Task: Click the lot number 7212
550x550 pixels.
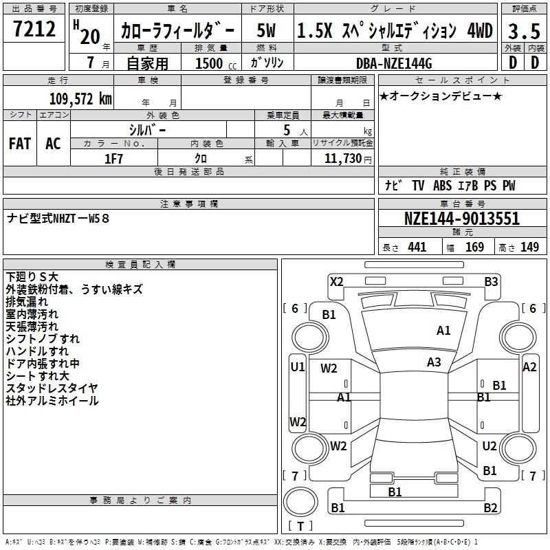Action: coord(34,29)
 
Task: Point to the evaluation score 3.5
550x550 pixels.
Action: coord(524,31)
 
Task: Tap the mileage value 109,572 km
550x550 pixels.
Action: coord(80,99)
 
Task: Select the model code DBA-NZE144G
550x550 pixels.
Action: coord(394,63)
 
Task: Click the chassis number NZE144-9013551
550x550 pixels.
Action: coord(462,219)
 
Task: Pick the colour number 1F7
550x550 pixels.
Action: coord(113,159)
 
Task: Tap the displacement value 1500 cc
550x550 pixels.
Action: coord(216,63)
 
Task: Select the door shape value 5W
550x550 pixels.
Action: coord(266,30)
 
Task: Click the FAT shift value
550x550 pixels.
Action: coord(20,144)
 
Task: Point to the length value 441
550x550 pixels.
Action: coord(417,247)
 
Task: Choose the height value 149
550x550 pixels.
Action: coord(529,247)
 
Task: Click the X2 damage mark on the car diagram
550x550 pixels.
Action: coord(337,282)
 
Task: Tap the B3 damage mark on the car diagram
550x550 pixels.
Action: coord(491,282)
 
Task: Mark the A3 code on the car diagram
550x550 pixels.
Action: coord(434,362)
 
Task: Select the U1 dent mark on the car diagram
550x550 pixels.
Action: coord(298,367)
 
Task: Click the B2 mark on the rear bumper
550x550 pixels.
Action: coord(490,507)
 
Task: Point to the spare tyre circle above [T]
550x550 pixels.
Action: coord(300,502)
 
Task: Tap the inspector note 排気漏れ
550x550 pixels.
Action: coord(27,302)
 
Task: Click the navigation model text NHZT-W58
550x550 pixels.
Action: coord(80,219)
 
